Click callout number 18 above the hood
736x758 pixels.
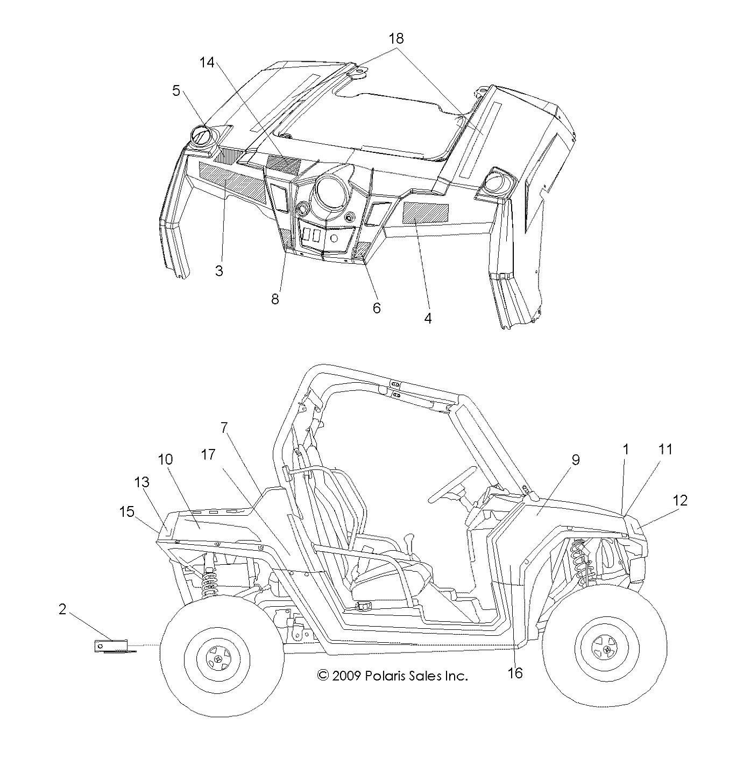coord(397,39)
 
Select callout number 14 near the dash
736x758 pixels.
coord(207,63)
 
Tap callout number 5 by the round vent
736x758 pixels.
coord(176,90)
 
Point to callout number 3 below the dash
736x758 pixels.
coord(219,270)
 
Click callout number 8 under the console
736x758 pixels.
coord(275,299)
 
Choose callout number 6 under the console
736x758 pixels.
coord(377,307)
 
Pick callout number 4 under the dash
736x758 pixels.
coord(428,318)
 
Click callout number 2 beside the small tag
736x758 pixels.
coord(62,609)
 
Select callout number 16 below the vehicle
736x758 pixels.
coord(515,672)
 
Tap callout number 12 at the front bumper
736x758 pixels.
coord(680,500)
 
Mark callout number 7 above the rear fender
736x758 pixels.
coord(224,428)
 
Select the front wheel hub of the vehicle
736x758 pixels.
coord(607,650)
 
